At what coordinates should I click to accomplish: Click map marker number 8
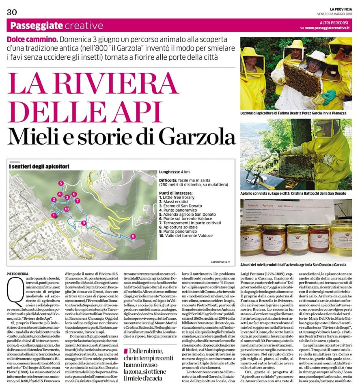point(133,236)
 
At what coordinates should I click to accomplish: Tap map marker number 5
point(61,183)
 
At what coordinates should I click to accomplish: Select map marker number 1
point(53,215)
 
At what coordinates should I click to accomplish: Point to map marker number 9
point(83,223)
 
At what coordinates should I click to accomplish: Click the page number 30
point(11,12)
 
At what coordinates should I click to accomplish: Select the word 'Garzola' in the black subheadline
point(197,136)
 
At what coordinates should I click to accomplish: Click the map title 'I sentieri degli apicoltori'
point(39,167)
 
